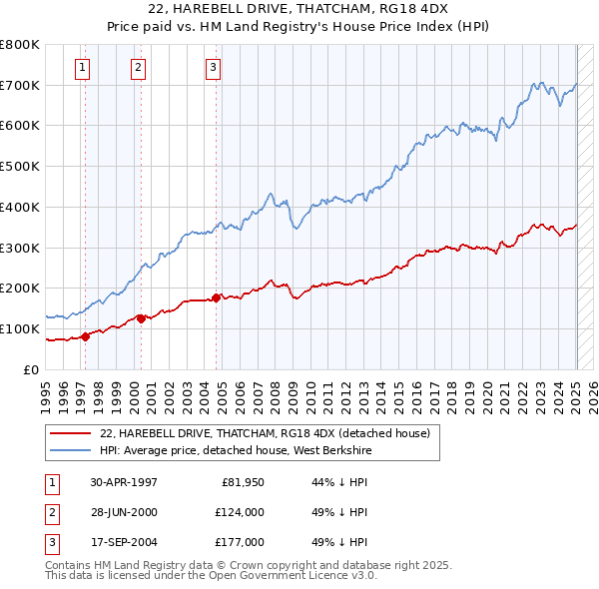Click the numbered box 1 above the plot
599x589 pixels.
[x=81, y=68]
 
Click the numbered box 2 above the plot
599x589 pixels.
[x=137, y=68]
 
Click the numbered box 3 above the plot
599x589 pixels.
[x=213, y=68]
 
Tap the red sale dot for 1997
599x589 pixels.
[x=85, y=336]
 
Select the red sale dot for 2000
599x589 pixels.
[x=141, y=318]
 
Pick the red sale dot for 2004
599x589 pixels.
[x=217, y=297]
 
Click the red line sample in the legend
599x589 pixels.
[x=71, y=433]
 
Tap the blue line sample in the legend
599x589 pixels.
[x=71, y=450]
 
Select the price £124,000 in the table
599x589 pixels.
[x=240, y=512]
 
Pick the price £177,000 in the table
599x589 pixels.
[x=240, y=542]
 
